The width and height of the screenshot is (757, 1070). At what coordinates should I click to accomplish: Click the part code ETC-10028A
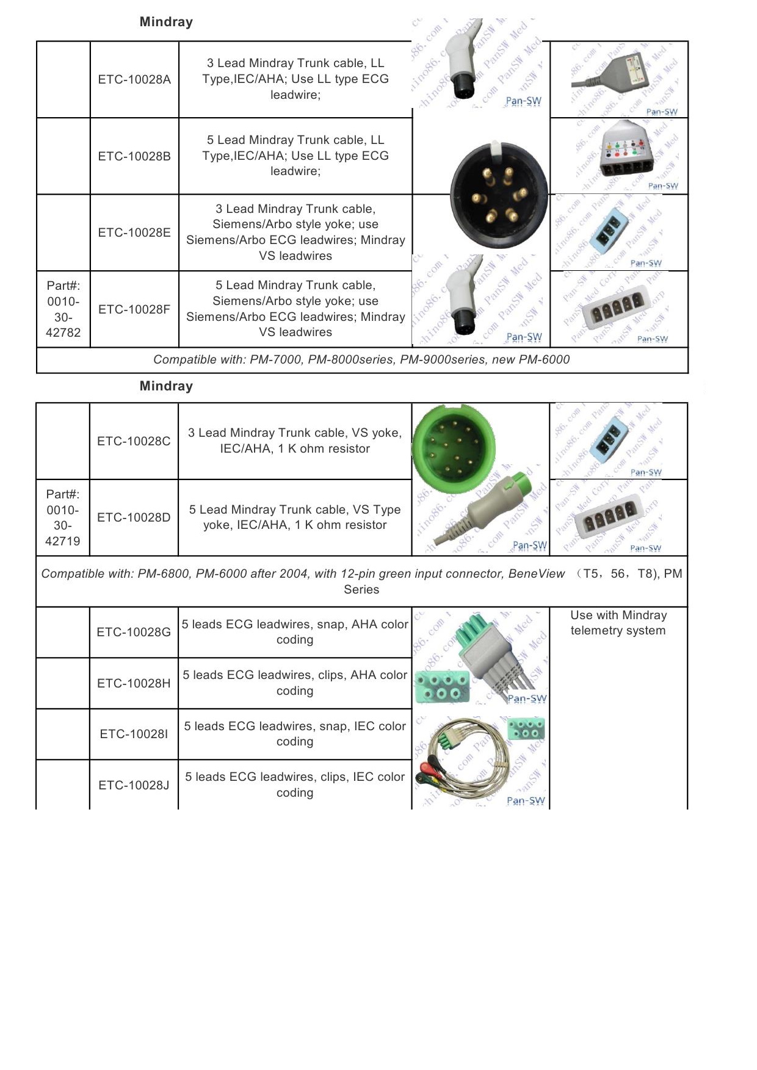tap(134, 79)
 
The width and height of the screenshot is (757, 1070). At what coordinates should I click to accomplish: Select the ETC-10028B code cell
tap(134, 156)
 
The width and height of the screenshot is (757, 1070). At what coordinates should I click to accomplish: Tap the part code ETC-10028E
tap(134, 232)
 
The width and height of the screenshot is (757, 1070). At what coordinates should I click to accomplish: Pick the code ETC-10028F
tap(134, 309)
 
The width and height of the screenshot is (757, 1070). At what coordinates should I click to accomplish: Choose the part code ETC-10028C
tap(134, 441)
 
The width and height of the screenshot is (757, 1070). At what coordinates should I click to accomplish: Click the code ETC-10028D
tap(134, 517)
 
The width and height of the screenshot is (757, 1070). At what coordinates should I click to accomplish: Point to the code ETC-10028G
tap(134, 632)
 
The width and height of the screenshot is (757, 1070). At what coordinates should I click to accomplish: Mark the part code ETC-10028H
tap(134, 683)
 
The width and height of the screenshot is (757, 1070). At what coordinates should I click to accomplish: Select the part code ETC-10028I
tap(134, 734)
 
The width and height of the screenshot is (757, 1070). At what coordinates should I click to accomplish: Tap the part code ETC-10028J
tap(134, 785)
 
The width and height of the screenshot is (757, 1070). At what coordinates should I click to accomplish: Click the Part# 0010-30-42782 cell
tap(63, 309)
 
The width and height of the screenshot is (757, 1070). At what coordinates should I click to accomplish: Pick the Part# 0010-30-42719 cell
tap(63, 517)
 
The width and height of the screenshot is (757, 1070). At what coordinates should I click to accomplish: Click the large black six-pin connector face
tap(499, 194)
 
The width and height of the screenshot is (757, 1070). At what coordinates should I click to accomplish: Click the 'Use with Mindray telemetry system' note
tap(618, 623)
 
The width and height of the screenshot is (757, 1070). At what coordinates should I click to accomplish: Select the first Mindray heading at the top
tap(166, 22)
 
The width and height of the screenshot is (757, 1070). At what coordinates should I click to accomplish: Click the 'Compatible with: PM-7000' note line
tap(361, 360)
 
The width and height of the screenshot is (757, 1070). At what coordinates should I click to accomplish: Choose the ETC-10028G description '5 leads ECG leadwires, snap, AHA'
tap(295, 632)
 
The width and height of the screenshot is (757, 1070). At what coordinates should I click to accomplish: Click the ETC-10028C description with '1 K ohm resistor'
tap(295, 440)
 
